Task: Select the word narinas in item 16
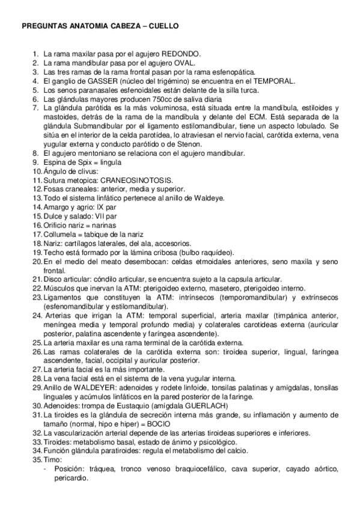point(105,225)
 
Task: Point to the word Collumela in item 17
point(58,234)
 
